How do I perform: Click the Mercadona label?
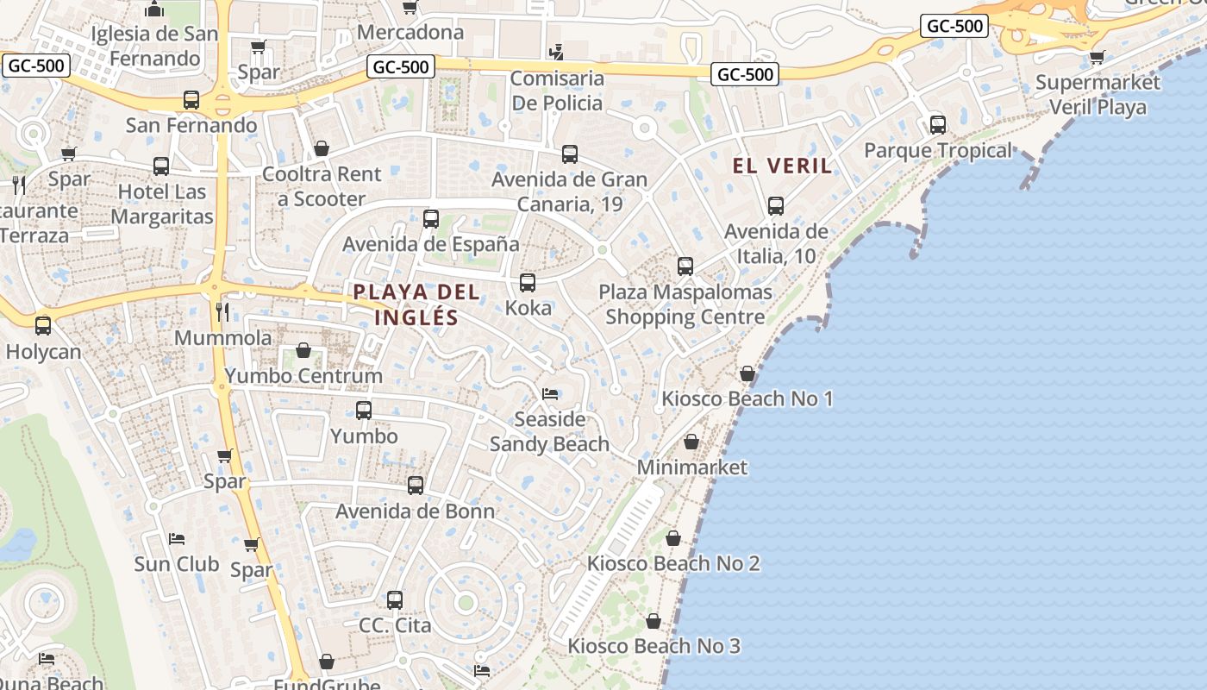410,33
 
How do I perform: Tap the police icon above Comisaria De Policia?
557,53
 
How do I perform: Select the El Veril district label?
783,166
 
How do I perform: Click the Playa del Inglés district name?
416,304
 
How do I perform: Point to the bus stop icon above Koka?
528,282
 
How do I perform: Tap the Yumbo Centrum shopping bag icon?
303,350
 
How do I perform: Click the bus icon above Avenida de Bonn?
416,486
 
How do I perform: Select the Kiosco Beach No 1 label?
747,398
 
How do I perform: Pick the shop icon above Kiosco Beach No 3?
654,621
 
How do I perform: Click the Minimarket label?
692,467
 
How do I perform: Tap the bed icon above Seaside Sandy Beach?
550,394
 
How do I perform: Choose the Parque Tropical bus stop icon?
938,124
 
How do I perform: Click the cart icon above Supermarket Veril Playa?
1097,58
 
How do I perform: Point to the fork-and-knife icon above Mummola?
223,311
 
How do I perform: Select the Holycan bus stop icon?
43,326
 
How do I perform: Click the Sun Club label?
177,564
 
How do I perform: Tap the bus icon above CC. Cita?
395,599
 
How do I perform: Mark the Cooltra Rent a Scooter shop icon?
322,148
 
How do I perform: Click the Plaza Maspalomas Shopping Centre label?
685,304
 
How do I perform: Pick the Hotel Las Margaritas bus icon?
161,166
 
